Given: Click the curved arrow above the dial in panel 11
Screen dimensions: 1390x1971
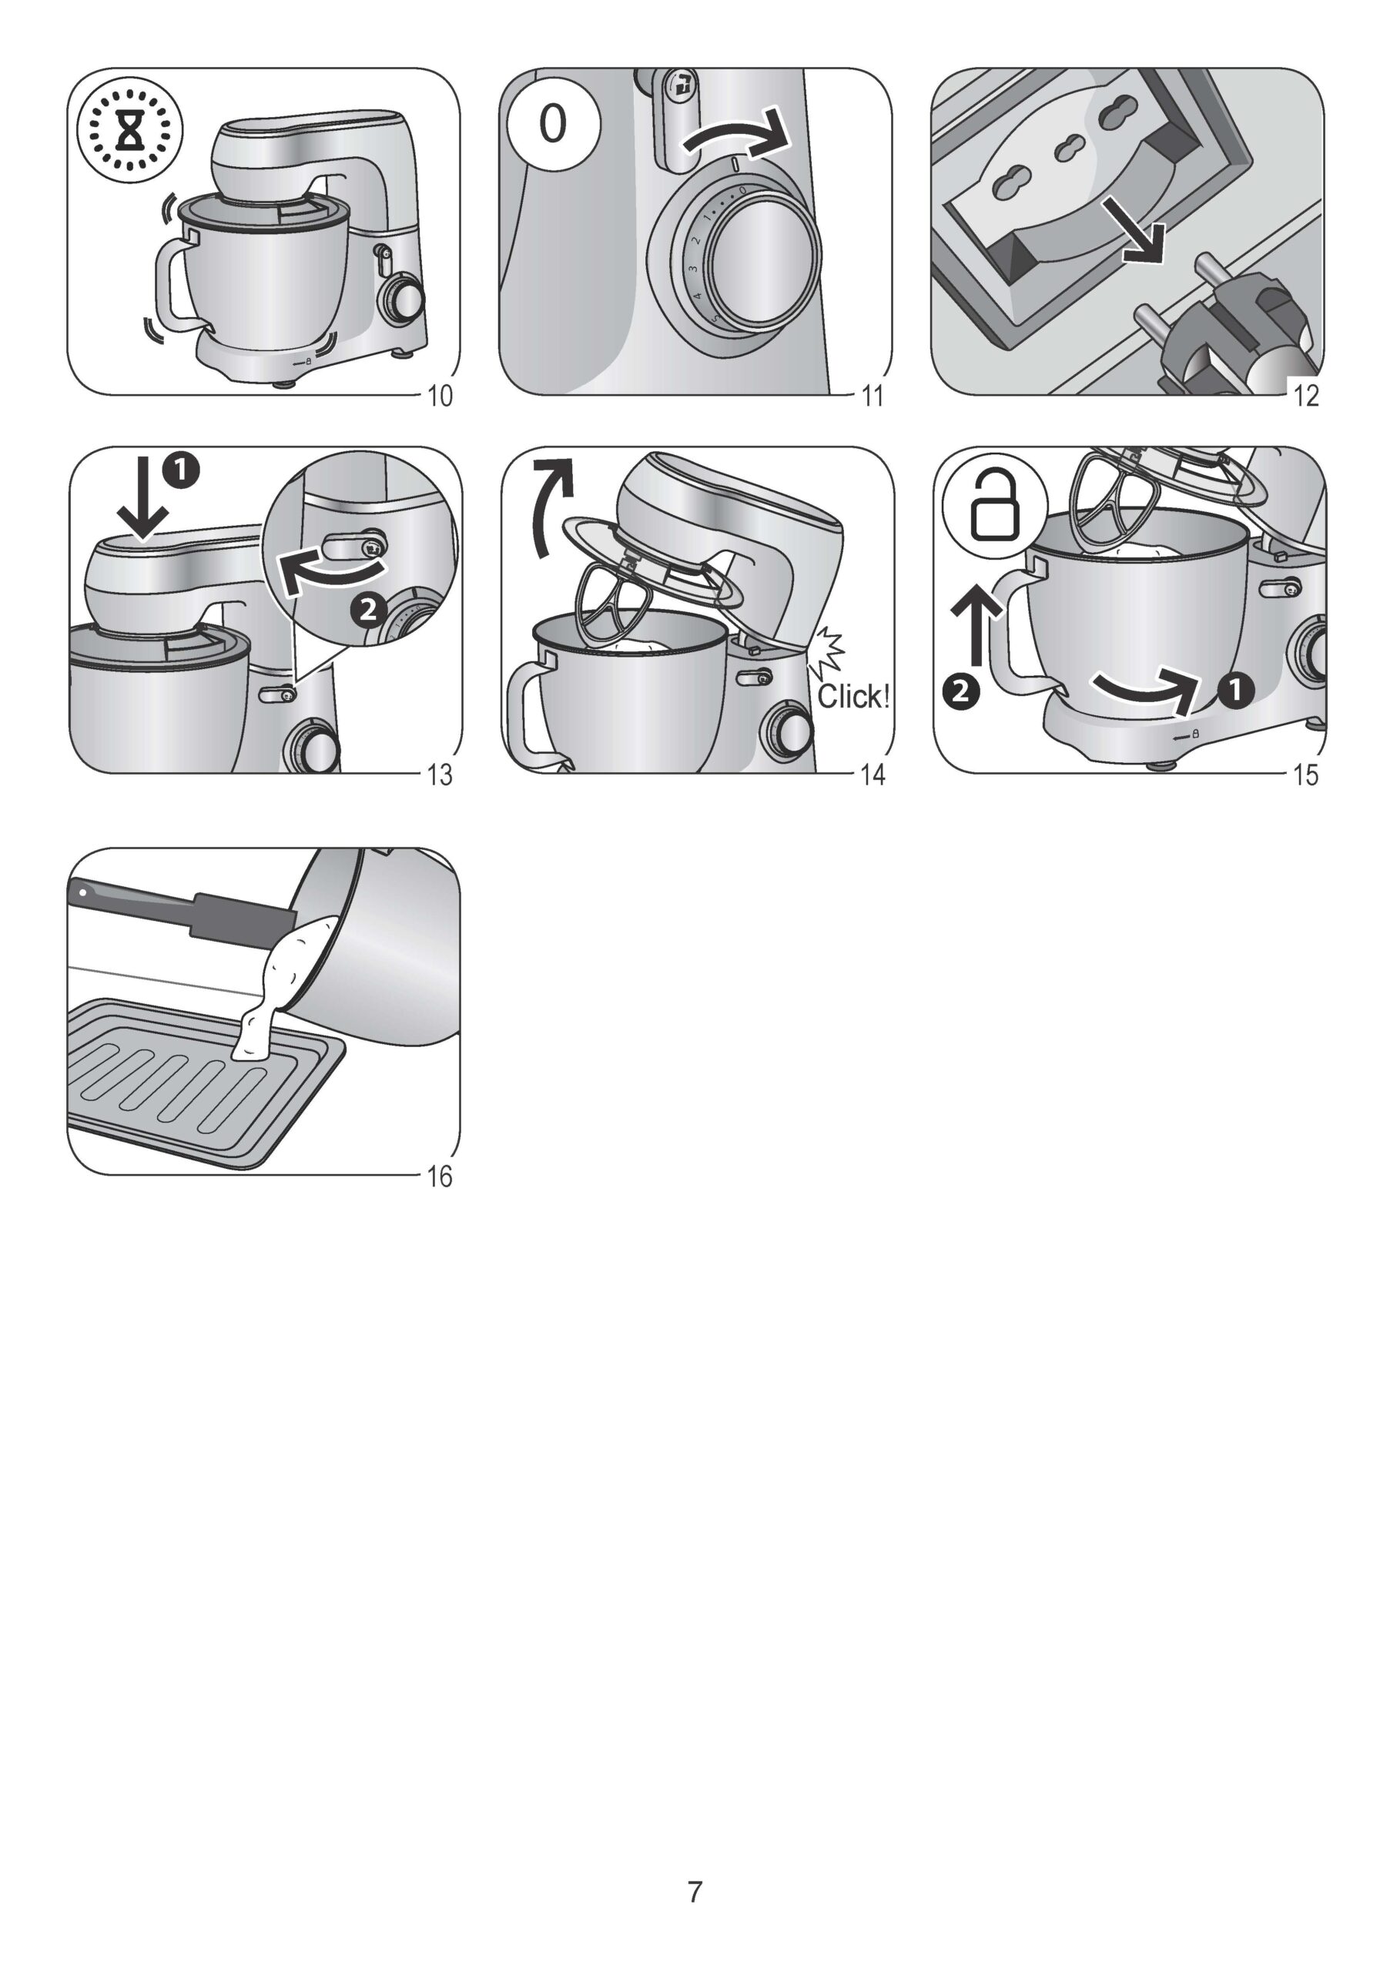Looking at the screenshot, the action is click(x=735, y=135).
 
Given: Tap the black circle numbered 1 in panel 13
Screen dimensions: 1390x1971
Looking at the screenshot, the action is click(x=183, y=470).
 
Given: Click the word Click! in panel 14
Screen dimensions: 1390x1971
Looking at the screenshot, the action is click(x=852, y=696).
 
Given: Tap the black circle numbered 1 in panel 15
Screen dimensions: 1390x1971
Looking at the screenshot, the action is click(x=1234, y=689).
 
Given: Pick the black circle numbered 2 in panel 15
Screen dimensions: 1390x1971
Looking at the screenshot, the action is click(x=961, y=691).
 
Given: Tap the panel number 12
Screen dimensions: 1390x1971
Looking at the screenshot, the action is click(x=1306, y=396).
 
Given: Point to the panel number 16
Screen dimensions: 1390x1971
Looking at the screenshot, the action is click(x=440, y=1176).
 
